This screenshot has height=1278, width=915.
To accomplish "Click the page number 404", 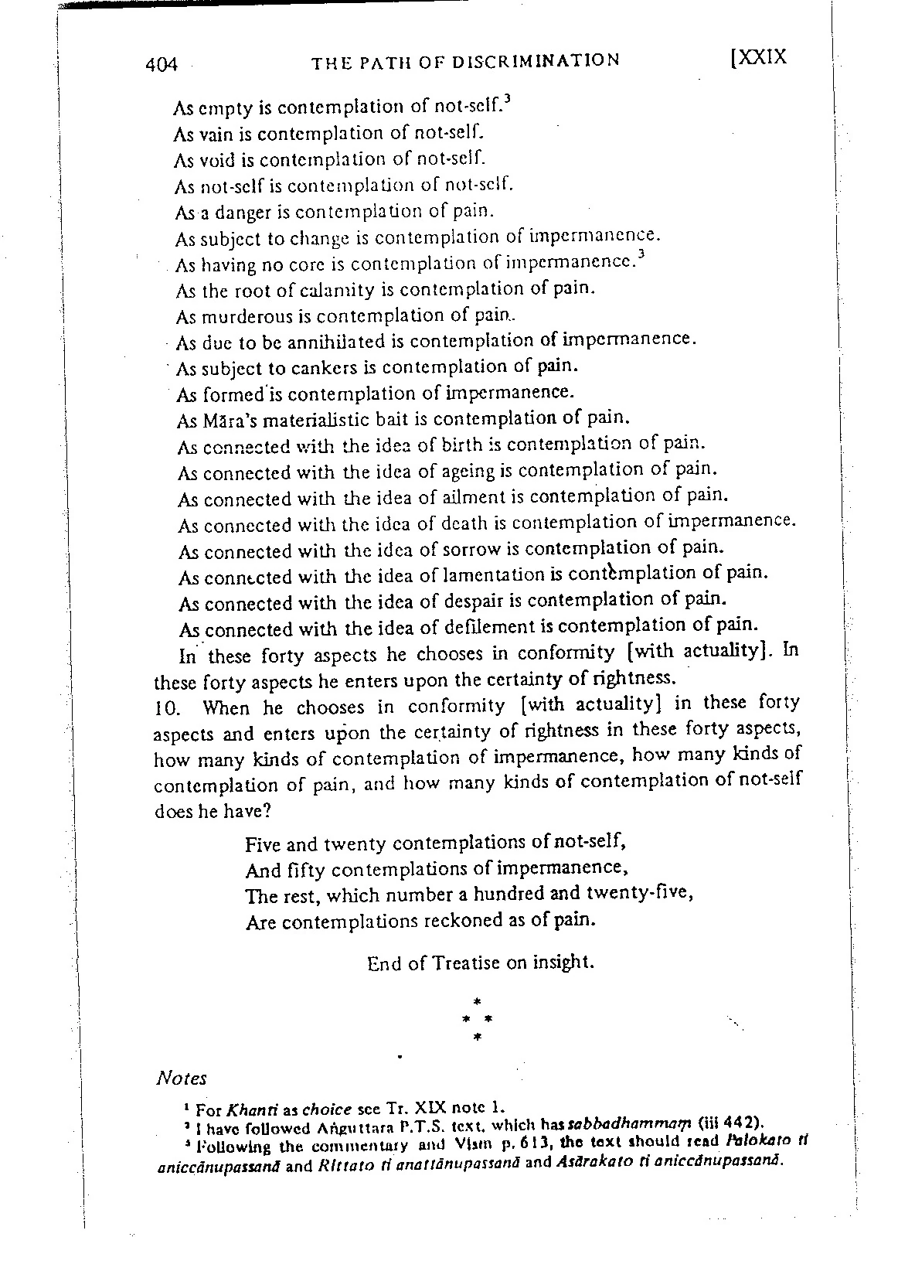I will (x=161, y=65).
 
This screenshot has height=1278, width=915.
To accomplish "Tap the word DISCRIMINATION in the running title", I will (x=539, y=61).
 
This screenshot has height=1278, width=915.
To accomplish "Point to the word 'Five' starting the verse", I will (x=264, y=844).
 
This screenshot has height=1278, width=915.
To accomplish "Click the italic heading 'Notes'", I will (x=182, y=1079).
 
